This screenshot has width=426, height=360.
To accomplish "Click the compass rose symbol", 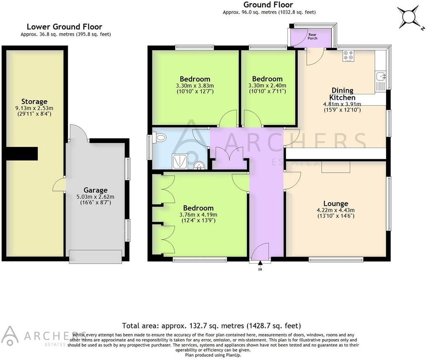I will click(x=409, y=16).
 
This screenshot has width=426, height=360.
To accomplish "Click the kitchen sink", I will click(x=381, y=76).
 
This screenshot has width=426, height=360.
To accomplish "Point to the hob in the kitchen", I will click(x=349, y=56).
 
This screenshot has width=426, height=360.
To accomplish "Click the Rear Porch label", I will click(x=312, y=36).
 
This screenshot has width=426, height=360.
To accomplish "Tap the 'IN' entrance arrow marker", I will click(x=260, y=264).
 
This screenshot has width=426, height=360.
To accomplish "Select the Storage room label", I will click(x=34, y=101).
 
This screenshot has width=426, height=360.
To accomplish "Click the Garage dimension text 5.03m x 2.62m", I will click(x=96, y=197).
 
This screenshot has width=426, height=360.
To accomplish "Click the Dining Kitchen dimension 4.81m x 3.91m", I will click(x=342, y=104).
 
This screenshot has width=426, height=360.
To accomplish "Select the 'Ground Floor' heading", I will click(x=268, y=5).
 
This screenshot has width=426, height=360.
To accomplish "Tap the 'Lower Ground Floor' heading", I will click(x=65, y=27).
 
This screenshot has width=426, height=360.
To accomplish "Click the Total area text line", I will click(x=211, y=325).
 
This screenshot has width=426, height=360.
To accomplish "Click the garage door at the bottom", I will click(x=96, y=256).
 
